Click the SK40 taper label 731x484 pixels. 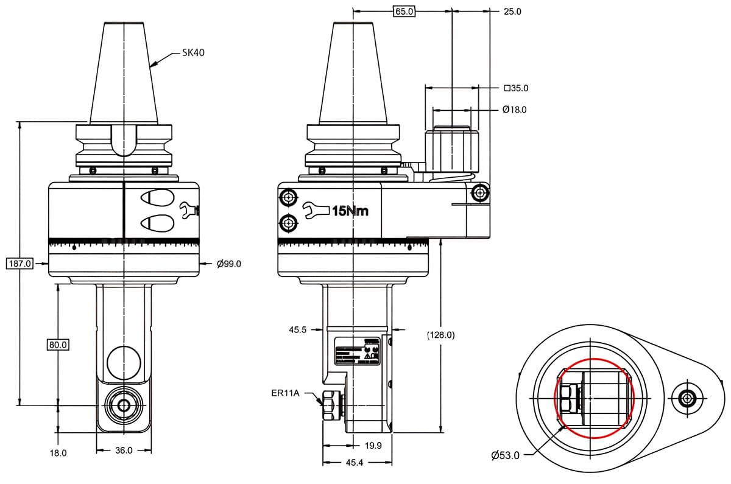click(x=192, y=53)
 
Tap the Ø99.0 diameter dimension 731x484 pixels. click(x=229, y=264)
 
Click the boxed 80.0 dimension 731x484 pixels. click(x=58, y=345)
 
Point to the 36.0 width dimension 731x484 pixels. click(x=124, y=451)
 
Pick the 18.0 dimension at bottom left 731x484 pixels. click(x=58, y=453)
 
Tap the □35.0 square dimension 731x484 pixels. click(x=516, y=88)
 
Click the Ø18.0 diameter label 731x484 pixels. click(x=514, y=110)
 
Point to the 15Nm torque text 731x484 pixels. click(x=349, y=211)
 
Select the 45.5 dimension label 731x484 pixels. click(x=297, y=329)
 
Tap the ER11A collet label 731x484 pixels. click(x=286, y=393)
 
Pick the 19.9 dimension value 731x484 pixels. click(x=373, y=446)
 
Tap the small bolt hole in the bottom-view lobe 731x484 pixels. click(x=688, y=399)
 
